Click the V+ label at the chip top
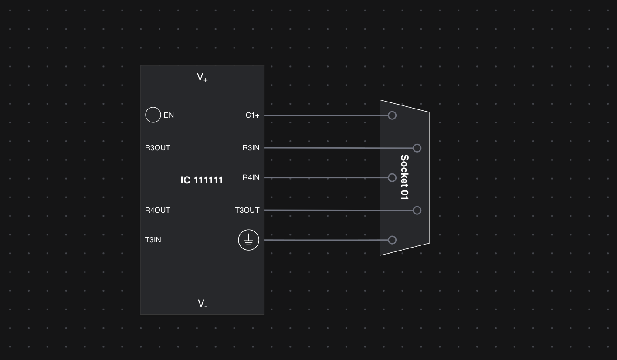pos(202,78)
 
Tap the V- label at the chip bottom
pos(202,303)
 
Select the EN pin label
pos(169,115)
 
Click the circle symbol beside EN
pos(153,115)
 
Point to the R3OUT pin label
pos(157,148)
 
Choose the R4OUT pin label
pos(157,210)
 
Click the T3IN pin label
pos(153,240)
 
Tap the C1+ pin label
pos(252,115)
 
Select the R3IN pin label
pos(251,148)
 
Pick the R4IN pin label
pos(251,177)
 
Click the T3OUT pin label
pos(247,210)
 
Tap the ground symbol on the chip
pos(248,240)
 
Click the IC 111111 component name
pos(202,180)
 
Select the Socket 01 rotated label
pos(404,177)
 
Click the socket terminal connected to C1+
pos(392,115)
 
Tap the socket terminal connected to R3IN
pos(417,148)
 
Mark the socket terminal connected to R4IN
pos(392,177)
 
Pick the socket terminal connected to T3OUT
pos(417,211)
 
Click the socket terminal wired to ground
pos(392,240)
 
